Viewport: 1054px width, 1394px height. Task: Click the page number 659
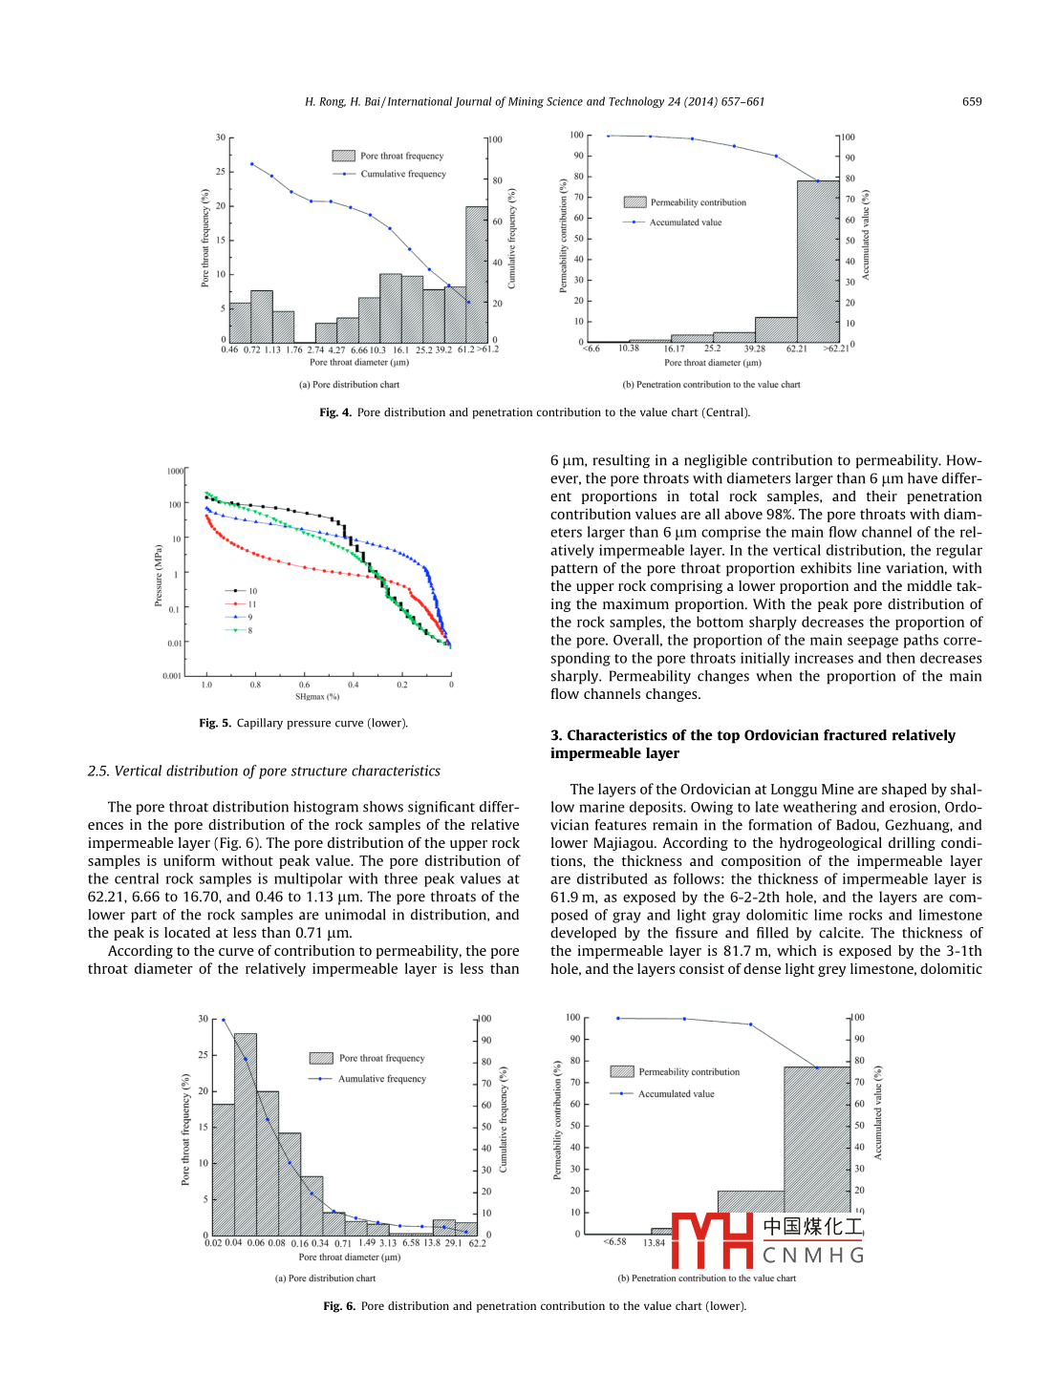click(x=971, y=101)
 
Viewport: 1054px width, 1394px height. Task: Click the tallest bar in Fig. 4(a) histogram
click(x=477, y=275)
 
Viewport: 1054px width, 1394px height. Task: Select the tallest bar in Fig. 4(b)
click(x=818, y=261)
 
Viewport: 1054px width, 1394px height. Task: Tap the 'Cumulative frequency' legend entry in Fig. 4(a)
click(x=402, y=174)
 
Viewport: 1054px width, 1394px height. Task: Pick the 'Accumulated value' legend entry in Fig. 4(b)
click(x=685, y=222)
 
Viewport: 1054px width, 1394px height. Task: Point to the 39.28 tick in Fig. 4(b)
click(x=755, y=349)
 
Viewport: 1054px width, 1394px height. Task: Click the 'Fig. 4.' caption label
click(x=335, y=412)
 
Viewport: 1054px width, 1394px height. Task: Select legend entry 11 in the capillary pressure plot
click(x=251, y=604)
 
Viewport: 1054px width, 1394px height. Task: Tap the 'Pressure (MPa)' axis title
click(x=159, y=576)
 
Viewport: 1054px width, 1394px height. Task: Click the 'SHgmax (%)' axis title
click(x=317, y=697)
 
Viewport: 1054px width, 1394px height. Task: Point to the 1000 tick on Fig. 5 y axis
click(x=175, y=471)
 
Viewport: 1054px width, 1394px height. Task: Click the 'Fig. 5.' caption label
click(x=215, y=723)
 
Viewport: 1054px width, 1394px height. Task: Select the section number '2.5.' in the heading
click(x=99, y=771)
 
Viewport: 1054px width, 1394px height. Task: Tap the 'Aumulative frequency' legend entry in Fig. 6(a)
click(x=381, y=1079)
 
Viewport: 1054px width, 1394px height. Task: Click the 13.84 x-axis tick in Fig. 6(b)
click(x=654, y=1243)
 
